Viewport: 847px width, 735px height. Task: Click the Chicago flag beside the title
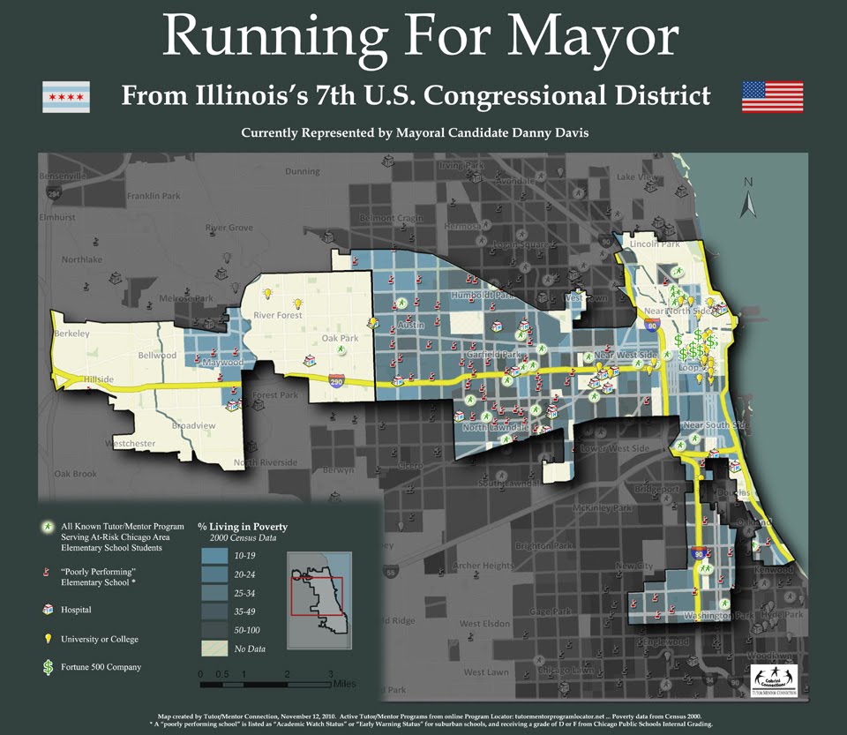tap(66, 96)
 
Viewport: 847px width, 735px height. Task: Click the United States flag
tap(772, 96)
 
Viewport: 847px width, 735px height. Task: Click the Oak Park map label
tap(340, 338)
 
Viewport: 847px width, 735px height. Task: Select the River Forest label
tap(278, 315)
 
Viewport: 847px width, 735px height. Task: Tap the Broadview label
tap(193, 425)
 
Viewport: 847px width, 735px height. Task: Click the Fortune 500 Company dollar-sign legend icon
tap(47, 667)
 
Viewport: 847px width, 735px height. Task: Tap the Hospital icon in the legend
tap(47, 609)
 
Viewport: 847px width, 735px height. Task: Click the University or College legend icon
tap(47, 638)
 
